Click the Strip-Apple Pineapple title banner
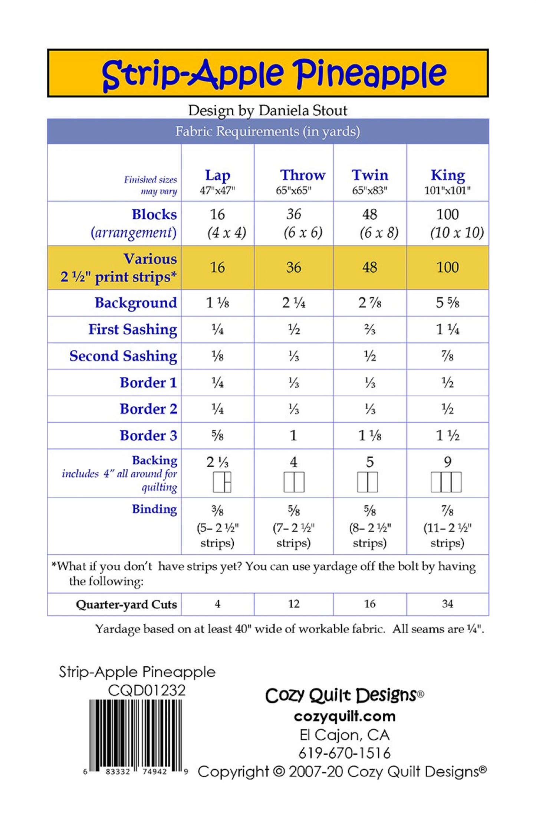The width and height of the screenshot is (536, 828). (x=267, y=73)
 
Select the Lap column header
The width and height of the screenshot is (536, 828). (x=217, y=175)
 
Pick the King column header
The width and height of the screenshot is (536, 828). (x=447, y=175)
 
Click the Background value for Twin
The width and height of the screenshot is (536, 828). (x=369, y=303)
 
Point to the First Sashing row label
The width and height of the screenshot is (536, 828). (x=132, y=329)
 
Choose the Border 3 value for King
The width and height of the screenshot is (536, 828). (x=447, y=435)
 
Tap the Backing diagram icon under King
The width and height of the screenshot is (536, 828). (x=446, y=482)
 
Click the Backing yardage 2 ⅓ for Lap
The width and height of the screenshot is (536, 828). (x=217, y=462)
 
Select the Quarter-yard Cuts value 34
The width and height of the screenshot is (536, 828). (x=447, y=604)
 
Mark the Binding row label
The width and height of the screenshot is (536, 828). (x=154, y=509)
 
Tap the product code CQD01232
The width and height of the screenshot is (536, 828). (x=147, y=690)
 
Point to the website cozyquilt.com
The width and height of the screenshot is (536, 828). (x=345, y=716)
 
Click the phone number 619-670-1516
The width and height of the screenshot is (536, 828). (x=345, y=753)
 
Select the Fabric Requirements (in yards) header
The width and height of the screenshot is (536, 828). (x=267, y=131)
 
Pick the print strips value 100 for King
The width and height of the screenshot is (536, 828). (x=447, y=267)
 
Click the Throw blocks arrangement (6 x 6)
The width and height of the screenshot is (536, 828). (x=303, y=232)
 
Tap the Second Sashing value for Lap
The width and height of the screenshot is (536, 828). (x=217, y=356)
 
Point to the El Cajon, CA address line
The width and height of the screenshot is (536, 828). (x=345, y=735)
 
